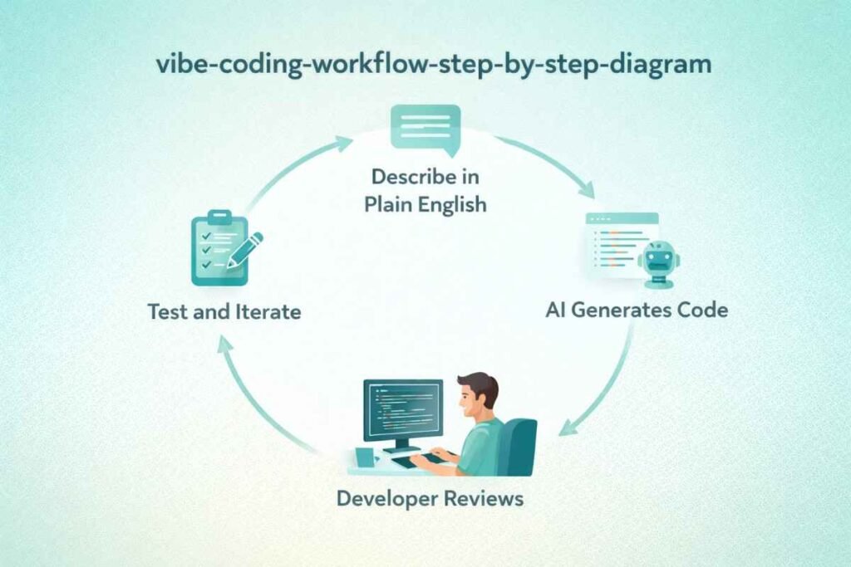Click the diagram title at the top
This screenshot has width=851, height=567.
click(425, 66)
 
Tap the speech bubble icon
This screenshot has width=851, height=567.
click(425, 130)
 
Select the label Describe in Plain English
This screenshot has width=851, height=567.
click(425, 190)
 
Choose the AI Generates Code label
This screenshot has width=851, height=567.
click(637, 310)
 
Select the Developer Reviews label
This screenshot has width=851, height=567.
click(430, 498)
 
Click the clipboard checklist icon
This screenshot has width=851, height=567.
click(218, 249)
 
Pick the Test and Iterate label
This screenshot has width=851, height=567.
click(224, 312)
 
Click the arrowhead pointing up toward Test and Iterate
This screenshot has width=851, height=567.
click(224, 347)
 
